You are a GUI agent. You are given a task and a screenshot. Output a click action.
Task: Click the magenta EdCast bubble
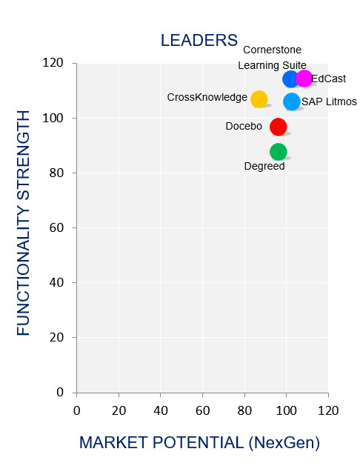tap(304, 79)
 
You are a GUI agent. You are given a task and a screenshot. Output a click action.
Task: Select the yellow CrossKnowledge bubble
tap(259, 99)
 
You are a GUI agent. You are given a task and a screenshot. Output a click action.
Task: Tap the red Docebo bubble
tap(279, 127)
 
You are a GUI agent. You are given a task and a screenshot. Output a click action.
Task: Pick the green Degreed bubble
tap(279, 152)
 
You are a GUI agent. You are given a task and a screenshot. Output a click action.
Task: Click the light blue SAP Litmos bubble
tap(292, 101)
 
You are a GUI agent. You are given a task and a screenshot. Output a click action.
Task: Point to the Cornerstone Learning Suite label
tap(272, 58)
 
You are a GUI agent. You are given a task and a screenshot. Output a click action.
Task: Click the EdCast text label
tap(328, 79)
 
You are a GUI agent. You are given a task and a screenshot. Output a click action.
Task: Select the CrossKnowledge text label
tap(207, 97)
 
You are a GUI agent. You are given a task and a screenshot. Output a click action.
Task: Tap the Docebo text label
tap(244, 127)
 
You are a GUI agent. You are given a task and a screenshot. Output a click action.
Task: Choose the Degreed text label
tap(264, 166)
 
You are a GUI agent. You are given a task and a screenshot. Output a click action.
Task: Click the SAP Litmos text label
tap(330, 101)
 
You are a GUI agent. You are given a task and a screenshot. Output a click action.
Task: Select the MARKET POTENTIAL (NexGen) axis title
tap(199, 443)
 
